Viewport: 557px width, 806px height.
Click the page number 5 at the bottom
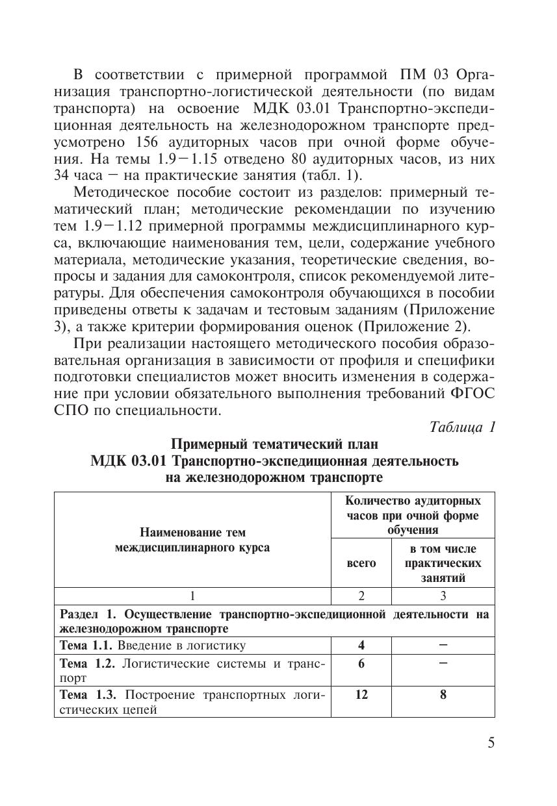[x=491, y=743]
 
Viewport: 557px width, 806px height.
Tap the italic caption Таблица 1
[x=463, y=427]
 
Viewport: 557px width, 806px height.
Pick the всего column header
[x=361, y=563]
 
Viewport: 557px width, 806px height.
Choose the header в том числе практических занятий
[x=443, y=563]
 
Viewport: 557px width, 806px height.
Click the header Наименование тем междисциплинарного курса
[x=192, y=540]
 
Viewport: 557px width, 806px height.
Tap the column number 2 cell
[x=361, y=596]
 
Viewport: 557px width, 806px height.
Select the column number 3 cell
[x=443, y=596]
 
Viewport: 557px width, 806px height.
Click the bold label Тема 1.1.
[x=87, y=646]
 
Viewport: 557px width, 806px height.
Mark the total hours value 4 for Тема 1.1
[x=361, y=646]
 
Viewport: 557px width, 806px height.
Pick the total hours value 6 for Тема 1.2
[x=361, y=663]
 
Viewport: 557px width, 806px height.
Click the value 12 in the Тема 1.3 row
[x=361, y=694]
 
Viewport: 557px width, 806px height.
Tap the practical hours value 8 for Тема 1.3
[x=443, y=694]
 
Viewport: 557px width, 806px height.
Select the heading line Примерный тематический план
[x=274, y=445]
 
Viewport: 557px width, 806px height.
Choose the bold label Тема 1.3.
[x=87, y=694]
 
